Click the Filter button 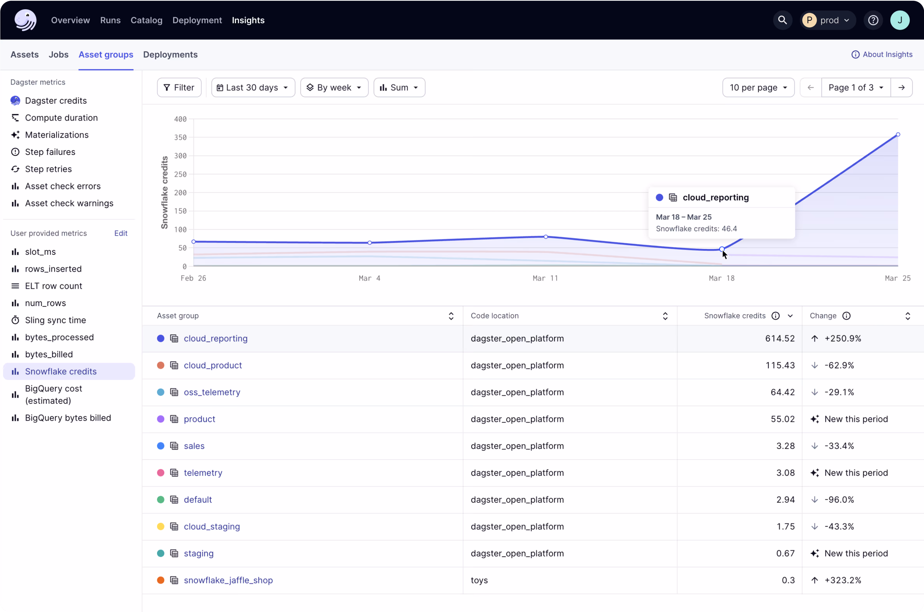click(179, 87)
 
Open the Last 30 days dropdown click(253, 87)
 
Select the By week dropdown click(334, 87)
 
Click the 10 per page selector click(758, 87)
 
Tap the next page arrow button click(901, 87)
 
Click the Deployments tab click(170, 55)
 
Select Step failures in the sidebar click(50, 152)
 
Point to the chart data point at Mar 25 click(898, 135)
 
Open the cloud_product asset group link click(213, 365)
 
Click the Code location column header click(494, 316)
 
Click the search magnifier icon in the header click(782, 20)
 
